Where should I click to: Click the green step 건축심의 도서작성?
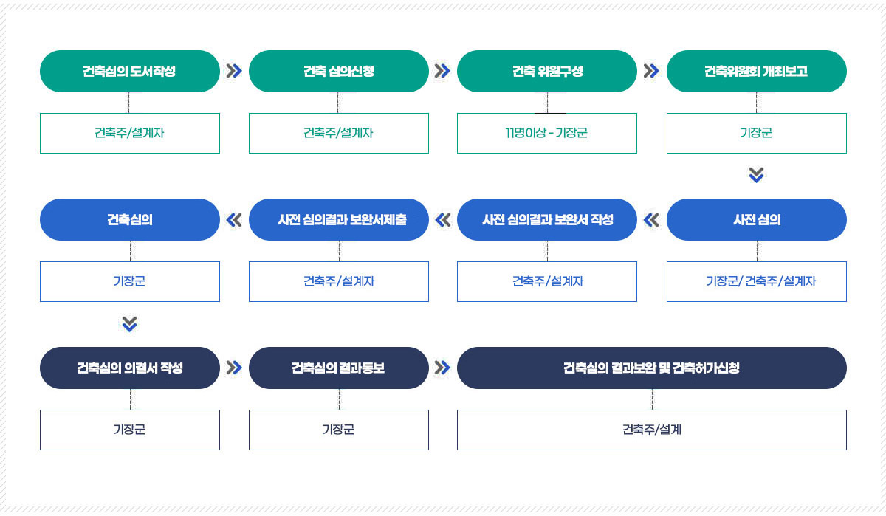click(130, 71)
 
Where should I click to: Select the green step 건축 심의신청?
click(339, 71)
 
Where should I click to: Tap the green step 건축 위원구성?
click(547, 71)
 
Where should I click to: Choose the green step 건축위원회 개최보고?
click(757, 71)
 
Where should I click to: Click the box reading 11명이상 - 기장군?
click(547, 134)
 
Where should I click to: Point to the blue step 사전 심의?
click(757, 219)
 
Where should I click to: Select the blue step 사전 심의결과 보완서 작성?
click(547, 219)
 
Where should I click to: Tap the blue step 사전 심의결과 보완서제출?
click(339, 219)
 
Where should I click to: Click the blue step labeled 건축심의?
click(130, 219)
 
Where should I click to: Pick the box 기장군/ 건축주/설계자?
click(757, 281)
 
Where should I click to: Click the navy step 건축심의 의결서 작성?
click(130, 368)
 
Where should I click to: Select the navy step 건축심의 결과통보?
click(339, 368)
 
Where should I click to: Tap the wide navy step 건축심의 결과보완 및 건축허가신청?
click(652, 368)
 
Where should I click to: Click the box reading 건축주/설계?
click(652, 430)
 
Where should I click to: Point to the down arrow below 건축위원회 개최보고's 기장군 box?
click(756, 175)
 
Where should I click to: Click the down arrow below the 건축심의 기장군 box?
click(129, 324)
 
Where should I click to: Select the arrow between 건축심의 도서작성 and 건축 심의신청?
click(234, 71)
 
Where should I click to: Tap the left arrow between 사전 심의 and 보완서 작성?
click(651, 220)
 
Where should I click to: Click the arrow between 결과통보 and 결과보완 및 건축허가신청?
click(442, 368)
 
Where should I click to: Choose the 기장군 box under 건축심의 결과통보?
click(339, 430)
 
